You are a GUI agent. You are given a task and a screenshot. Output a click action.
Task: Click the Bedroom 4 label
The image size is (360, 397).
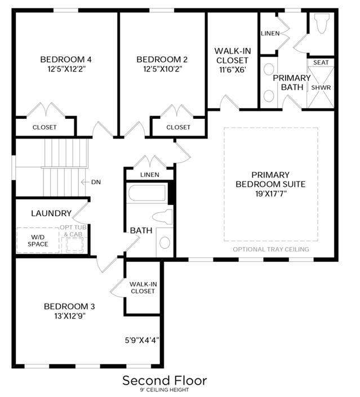(x=66, y=60)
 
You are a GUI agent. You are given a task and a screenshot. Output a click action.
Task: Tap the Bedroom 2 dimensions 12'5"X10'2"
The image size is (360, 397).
(x=163, y=69)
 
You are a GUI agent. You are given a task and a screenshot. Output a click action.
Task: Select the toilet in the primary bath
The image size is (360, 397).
(x=322, y=23)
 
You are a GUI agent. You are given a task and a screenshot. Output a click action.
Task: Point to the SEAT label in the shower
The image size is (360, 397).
(x=321, y=63)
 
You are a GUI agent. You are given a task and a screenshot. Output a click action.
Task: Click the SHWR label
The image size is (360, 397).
(x=321, y=88)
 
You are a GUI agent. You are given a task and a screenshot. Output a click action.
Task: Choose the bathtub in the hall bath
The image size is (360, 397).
(x=147, y=193)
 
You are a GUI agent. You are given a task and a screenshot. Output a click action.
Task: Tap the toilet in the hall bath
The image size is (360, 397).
(x=162, y=217)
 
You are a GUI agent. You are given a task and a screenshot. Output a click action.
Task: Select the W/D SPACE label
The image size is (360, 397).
(x=38, y=241)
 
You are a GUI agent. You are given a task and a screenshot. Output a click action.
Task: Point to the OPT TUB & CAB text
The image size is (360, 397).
(x=73, y=231)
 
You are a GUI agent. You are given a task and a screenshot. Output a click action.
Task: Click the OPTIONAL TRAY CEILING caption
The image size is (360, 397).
(x=271, y=249)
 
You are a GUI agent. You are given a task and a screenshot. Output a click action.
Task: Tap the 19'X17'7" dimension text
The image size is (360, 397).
(x=271, y=194)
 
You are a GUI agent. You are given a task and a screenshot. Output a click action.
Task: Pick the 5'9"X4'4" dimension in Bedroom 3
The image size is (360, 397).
(x=142, y=340)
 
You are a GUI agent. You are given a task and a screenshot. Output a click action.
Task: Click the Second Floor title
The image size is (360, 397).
(x=165, y=381)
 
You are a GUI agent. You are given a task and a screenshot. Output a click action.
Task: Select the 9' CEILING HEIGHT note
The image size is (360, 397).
(x=165, y=390)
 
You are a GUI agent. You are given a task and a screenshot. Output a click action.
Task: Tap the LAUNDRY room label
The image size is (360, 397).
(x=51, y=213)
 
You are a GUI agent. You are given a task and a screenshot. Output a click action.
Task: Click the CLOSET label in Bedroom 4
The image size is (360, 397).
(x=45, y=127)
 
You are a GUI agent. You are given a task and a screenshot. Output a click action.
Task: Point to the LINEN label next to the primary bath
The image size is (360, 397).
(x=270, y=33)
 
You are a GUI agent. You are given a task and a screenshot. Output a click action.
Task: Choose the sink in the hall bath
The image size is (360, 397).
(x=165, y=242)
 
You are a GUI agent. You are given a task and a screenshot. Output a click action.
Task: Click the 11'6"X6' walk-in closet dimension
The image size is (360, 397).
(x=233, y=70)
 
